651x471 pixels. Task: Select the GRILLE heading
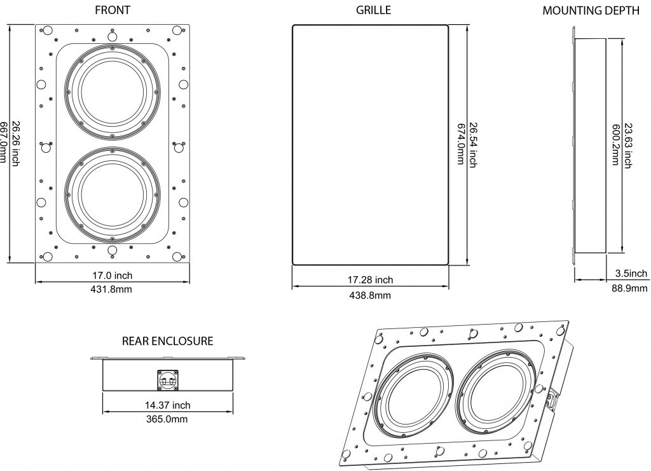(x=373, y=10)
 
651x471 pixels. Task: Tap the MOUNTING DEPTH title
(x=591, y=11)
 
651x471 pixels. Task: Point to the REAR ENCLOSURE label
(x=167, y=342)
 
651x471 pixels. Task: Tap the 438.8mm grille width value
(x=371, y=295)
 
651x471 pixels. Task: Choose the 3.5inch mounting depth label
(x=631, y=274)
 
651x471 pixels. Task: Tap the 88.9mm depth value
(x=631, y=288)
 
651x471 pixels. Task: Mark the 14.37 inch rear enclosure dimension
(x=167, y=405)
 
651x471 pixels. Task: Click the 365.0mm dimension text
(x=167, y=419)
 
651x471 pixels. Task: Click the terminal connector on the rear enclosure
(x=168, y=379)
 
